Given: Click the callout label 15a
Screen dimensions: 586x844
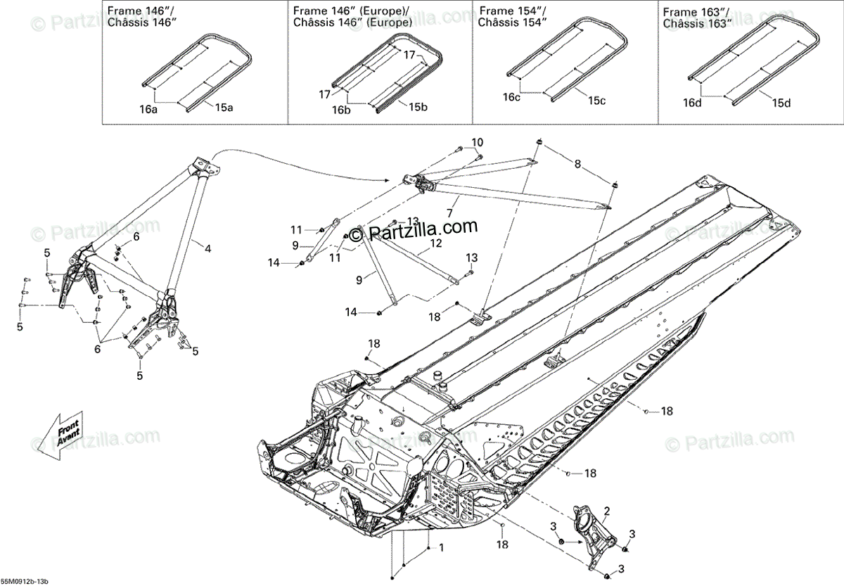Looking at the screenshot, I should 224,108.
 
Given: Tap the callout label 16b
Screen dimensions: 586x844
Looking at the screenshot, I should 341,110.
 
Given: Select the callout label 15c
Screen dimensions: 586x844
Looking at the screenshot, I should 596,101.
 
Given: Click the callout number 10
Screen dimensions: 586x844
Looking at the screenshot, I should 478,142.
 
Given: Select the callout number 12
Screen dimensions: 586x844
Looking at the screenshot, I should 436,243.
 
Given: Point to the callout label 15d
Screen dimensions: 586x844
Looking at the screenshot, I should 781,103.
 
